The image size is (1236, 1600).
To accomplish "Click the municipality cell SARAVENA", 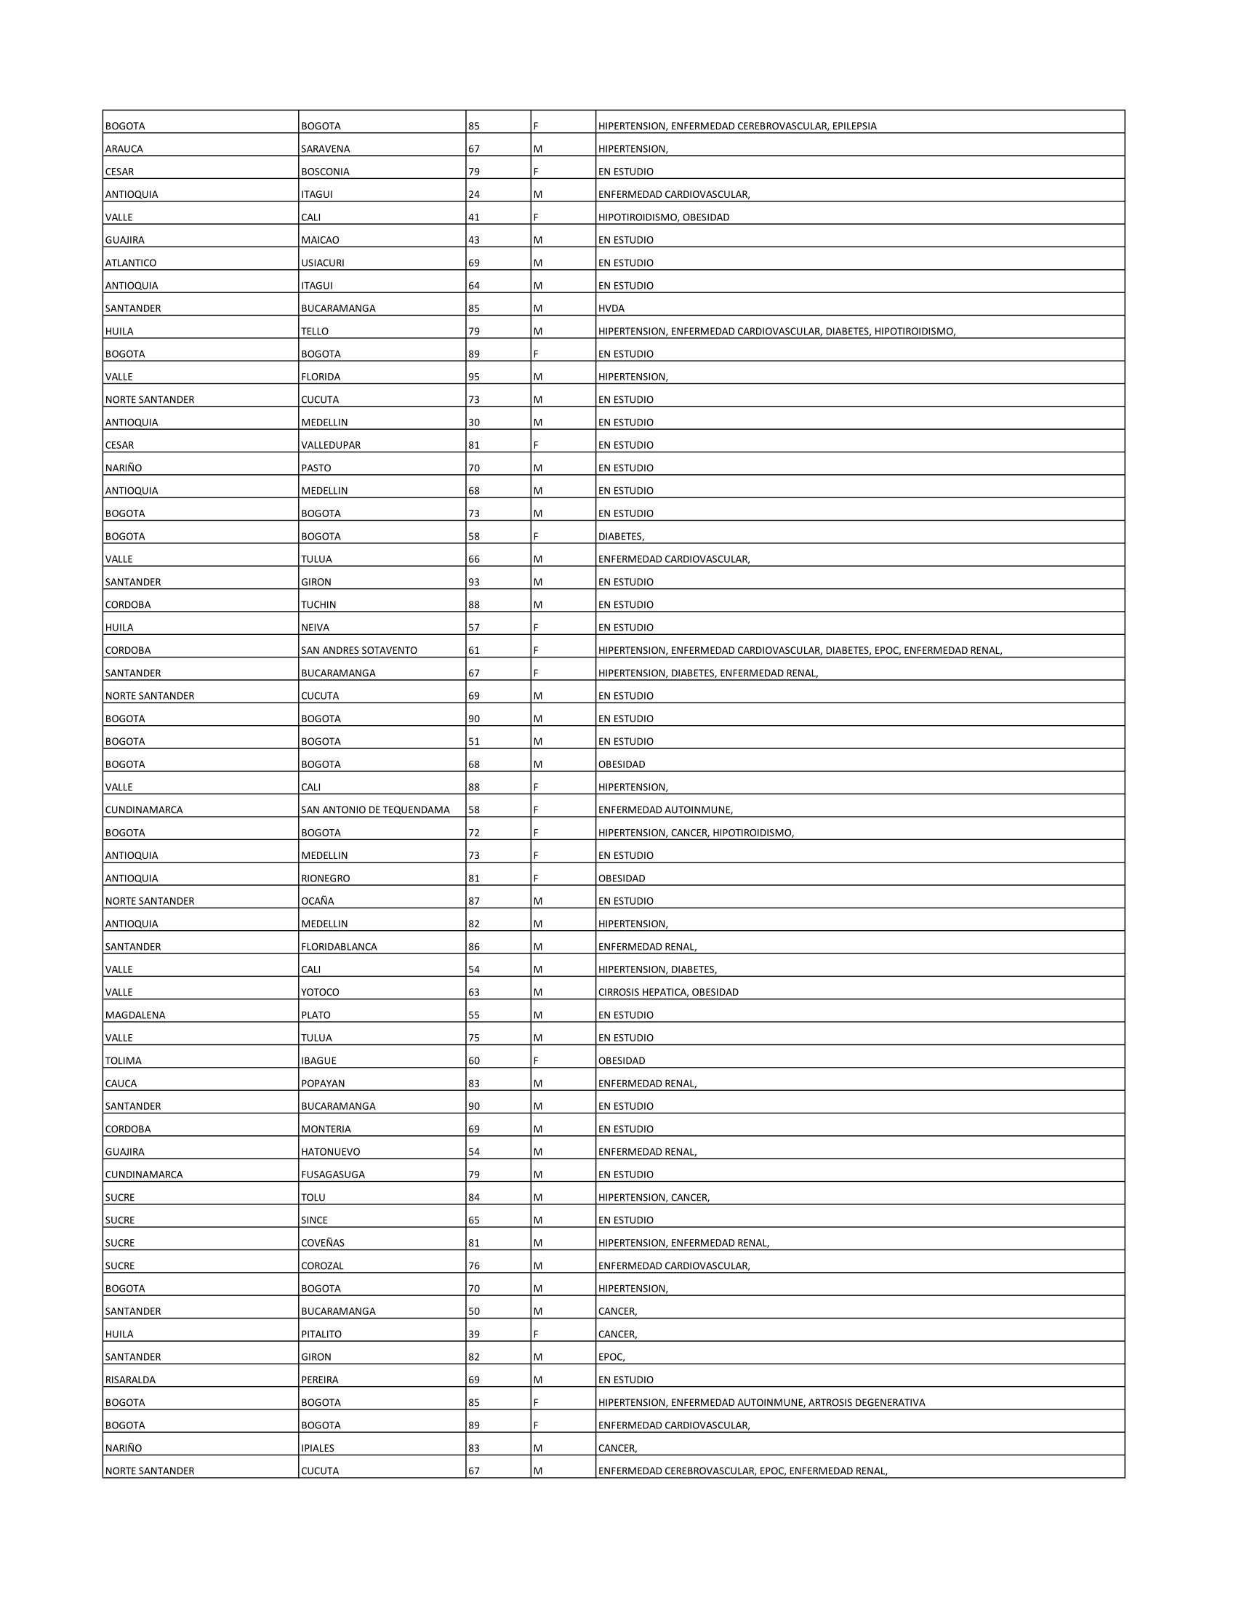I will (325, 148).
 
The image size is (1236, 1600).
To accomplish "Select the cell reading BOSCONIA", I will (325, 172).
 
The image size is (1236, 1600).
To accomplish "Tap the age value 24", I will (474, 194).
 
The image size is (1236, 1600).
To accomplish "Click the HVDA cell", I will (611, 308).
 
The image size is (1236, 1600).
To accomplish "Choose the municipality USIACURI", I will (322, 263).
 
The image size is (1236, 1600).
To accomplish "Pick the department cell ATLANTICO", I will (130, 263).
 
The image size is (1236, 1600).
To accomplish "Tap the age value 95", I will (474, 377).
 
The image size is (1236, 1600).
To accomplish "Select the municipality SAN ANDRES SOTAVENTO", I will (358, 651).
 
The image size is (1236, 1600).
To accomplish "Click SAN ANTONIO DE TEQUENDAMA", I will (375, 809).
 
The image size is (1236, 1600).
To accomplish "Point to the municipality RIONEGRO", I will (325, 879).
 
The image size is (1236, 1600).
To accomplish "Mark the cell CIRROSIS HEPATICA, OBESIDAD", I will (667, 992).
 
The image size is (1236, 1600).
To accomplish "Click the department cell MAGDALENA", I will (135, 1015).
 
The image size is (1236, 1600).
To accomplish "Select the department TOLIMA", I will (123, 1060).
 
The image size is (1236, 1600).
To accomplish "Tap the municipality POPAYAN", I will (322, 1084).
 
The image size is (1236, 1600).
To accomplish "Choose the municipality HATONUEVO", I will (330, 1152).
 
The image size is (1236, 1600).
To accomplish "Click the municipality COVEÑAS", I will (322, 1242).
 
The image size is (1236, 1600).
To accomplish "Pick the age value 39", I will (474, 1334).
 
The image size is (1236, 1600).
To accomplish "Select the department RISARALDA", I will (129, 1380).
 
